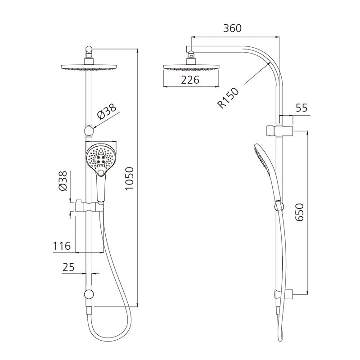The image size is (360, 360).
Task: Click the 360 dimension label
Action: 232,28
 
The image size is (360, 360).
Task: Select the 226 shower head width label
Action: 190,80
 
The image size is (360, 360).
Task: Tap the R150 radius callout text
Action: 228,98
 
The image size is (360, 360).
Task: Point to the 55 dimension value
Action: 301,108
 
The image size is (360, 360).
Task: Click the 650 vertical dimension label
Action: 299,212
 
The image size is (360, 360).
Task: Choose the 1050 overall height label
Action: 129,178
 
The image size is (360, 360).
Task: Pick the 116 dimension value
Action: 62,246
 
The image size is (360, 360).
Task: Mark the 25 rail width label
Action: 68,267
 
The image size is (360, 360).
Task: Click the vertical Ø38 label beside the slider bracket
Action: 63,181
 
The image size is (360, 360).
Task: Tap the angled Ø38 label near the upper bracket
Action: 107,112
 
